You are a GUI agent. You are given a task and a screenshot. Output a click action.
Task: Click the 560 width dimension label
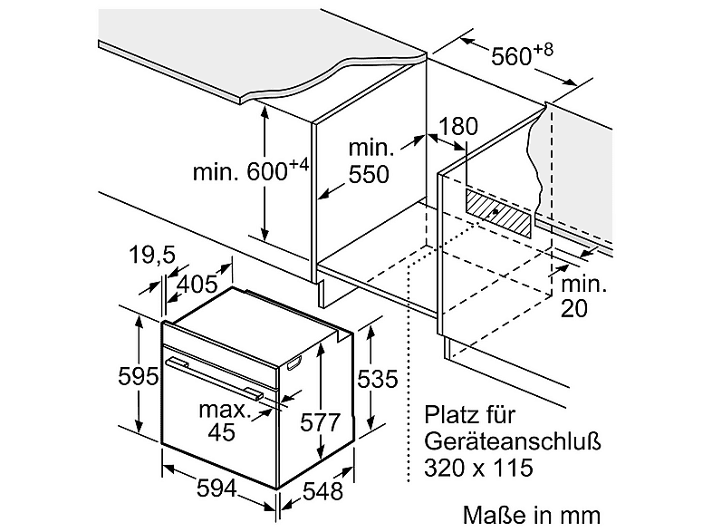click(x=522, y=54)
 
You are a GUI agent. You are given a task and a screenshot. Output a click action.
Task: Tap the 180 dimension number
click(x=457, y=126)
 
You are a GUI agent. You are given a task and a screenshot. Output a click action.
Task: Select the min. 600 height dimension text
click(x=251, y=170)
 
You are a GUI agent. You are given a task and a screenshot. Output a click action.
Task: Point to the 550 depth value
click(x=369, y=174)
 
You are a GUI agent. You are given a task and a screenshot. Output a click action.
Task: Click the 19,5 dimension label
click(x=152, y=255)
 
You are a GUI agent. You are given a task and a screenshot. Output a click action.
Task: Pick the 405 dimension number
click(x=197, y=285)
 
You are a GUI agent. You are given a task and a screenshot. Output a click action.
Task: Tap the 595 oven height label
click(x=138, y=376)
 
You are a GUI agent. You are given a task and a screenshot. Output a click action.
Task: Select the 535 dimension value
click(x=378, y=379)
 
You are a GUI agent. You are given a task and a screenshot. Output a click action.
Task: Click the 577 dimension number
click(x=320, y=422)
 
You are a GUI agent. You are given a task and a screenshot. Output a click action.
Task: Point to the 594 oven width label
click(x=216, y=488)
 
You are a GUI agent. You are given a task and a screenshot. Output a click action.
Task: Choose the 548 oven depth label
click(x=322, y=491)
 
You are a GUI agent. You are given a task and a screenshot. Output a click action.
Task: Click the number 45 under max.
click(x=222, y=431)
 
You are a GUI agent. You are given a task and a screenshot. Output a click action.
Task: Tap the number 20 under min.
click(x=574, y=308)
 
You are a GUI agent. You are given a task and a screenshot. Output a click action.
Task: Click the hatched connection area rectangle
click(x=497, y=213)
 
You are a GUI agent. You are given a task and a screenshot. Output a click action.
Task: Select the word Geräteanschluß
click(x=513, y=441)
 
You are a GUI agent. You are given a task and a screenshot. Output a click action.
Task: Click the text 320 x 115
click(x=478, y=468)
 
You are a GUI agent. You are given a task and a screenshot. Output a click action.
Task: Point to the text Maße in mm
click(x=532, y=515)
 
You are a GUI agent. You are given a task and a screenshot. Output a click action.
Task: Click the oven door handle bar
click(x=215, y=379)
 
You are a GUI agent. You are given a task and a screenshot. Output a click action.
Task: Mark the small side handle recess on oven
click(x=293, y=363)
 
